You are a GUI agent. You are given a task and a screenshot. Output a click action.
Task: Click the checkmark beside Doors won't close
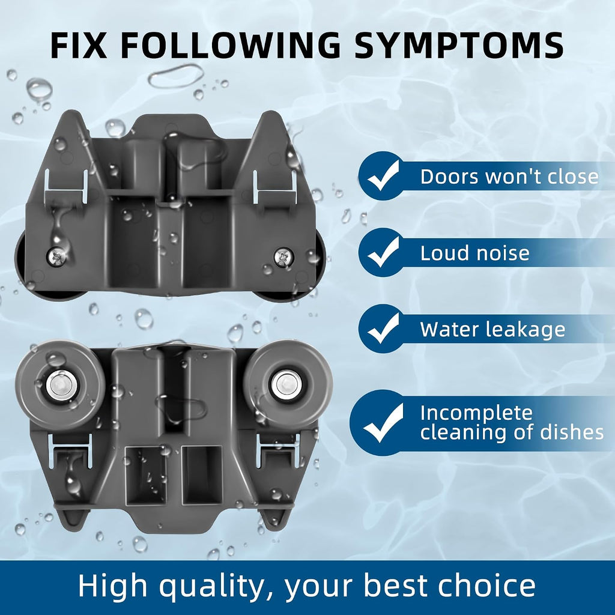tap(383, 175)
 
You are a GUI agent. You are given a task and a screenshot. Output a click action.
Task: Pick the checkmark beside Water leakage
tap(383, 328)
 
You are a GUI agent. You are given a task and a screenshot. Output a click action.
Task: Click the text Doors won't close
tap(509, 177)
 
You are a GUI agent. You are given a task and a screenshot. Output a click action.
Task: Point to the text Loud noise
tap(475, 253)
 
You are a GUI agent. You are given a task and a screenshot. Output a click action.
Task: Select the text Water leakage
tap(492, 330)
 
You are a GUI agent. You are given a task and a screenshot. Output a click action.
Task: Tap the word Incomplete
tap(476, 414)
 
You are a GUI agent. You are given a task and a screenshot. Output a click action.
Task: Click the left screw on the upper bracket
tap(57, 257)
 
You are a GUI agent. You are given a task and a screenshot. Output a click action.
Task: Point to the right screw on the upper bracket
tap(283, 257)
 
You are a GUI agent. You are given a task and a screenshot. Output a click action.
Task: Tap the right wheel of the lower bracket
tap(288, 384)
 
